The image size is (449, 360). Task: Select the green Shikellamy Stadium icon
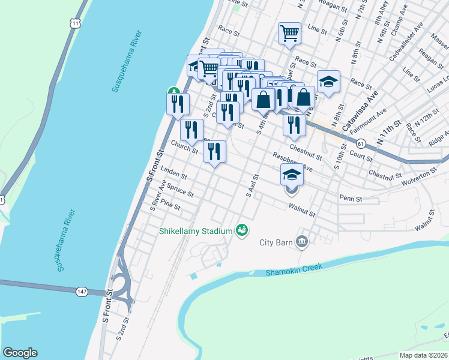click(242, 230)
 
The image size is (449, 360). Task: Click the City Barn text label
click(276, 242)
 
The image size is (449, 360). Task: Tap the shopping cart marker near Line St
click(289, 34)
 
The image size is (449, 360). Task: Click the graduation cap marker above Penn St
click(292, 175)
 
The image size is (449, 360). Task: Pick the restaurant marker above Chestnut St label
click(294, 124)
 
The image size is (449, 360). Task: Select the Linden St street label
click(174, 173)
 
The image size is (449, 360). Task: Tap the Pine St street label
click(170, 206)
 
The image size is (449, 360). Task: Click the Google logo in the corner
click(20, 353)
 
